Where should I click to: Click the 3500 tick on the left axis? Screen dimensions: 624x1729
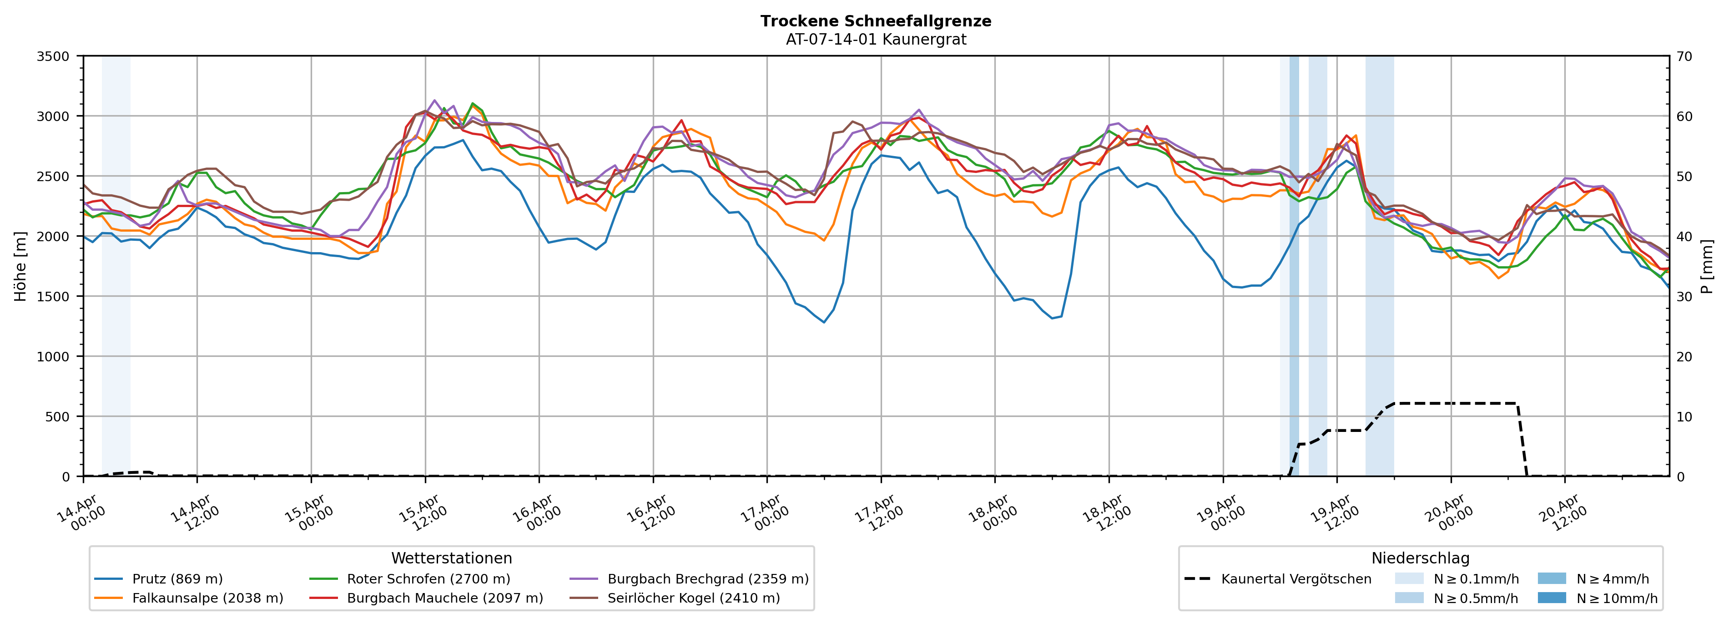53,56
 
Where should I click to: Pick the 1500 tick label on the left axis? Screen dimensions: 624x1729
53,296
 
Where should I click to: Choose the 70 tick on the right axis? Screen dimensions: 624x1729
1684,56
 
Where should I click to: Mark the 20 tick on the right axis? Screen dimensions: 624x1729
1684,357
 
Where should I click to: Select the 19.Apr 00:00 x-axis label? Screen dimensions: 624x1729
1221,514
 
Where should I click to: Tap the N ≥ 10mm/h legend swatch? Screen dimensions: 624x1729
1551,598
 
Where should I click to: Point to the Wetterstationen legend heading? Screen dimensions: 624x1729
451,558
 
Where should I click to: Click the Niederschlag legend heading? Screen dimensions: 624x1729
1420,558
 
